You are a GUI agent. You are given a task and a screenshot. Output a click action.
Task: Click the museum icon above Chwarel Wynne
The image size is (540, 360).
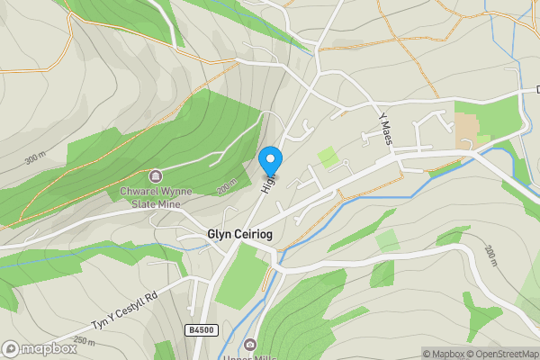point(156,175)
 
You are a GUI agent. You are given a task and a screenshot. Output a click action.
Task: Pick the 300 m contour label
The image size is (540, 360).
point(34,159)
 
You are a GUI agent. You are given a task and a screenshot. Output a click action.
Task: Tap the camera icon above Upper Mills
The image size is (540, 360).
point(250,345)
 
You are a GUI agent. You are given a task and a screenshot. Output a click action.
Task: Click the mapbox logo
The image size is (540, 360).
point(40,348)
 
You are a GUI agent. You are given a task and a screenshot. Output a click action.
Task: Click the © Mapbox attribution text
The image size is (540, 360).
point(454,354)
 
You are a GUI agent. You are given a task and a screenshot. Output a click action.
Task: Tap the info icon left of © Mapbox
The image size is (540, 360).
point(428,354)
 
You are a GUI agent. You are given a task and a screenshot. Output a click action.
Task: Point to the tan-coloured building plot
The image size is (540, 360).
point(467,130)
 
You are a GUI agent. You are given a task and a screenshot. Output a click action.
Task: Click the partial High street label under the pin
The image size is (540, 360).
point(267,183)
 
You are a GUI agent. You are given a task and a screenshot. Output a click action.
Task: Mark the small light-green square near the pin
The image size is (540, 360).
point(328,157)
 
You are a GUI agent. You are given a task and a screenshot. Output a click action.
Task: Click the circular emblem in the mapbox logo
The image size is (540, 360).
point(11,348)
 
